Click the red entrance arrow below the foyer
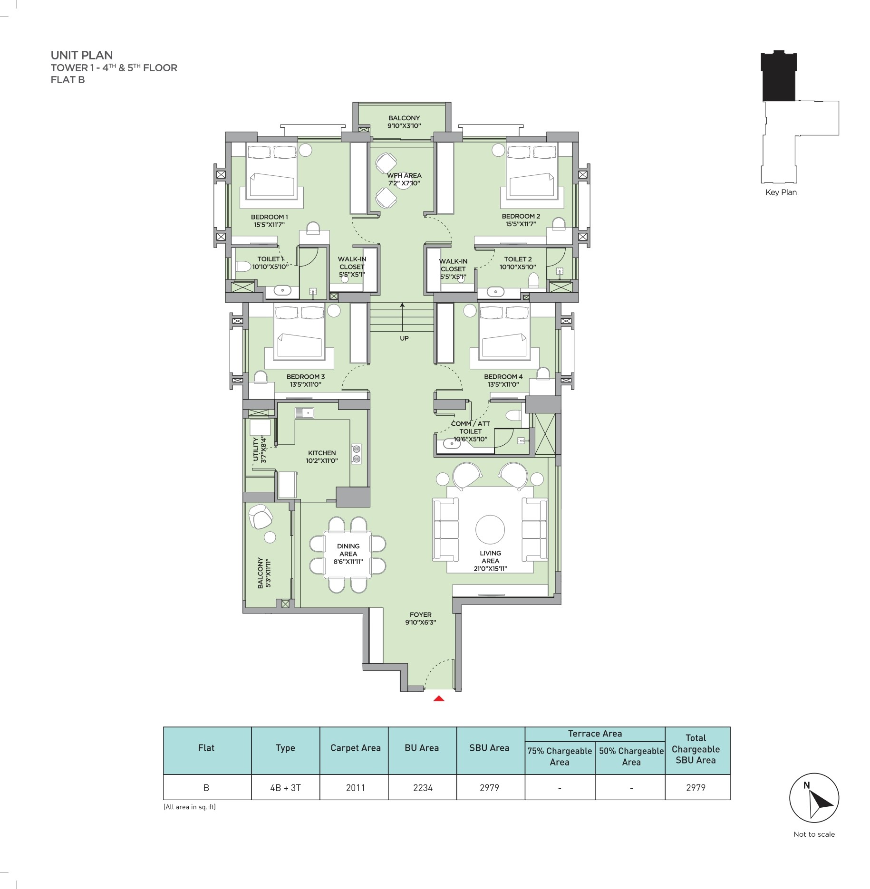(x=439, y=698)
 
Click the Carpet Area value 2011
(x=356, y=788)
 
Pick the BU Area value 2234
(x=423, y=788)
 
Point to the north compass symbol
(x=814, y=798)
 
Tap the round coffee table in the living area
(x=490, y=530)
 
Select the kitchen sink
(x=304, y=413)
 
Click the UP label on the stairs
(x=404, y=338)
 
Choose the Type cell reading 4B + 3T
(x=285, y=788)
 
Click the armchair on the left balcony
(x=260, y=516)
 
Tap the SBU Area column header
(x=489, y=748)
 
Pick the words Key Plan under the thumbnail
(x=781, y=192)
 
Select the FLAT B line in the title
(x=68, y=80)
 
